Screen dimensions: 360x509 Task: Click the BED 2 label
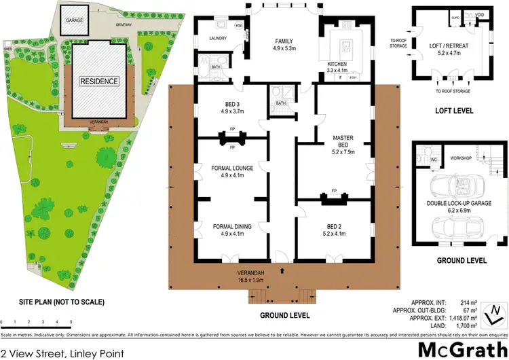(333, 230)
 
